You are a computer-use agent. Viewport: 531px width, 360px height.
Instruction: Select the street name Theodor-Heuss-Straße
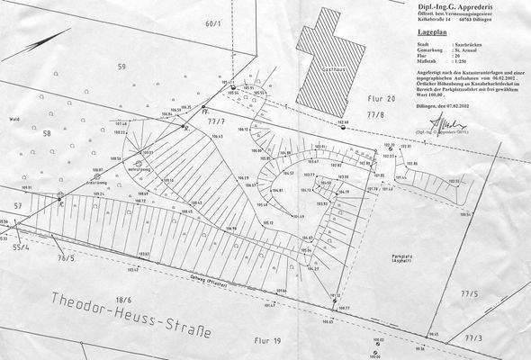click(130, 316)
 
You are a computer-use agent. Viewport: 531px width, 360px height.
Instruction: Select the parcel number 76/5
click(66, 258)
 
